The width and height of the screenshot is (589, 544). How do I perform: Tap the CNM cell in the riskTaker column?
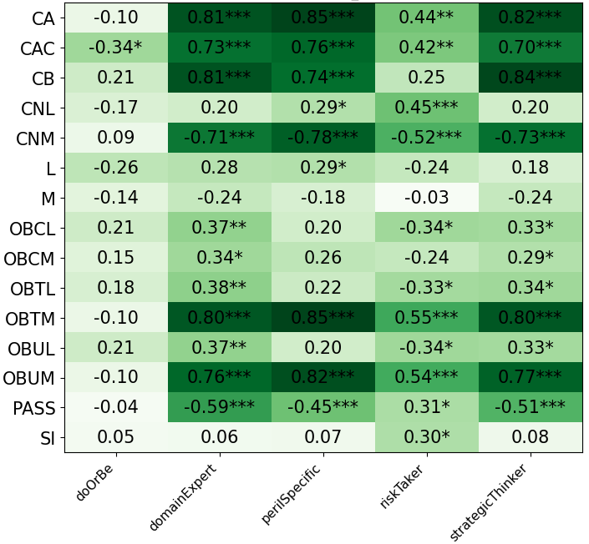(x=426, y=138)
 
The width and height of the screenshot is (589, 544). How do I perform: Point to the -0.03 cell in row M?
(x=426, y=198)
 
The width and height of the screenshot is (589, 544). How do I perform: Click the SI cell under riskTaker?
(x=426, y=437)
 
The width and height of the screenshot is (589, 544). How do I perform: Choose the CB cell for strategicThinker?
(x=530, y=78)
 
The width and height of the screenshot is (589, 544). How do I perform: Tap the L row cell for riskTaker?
(x=426, y=168)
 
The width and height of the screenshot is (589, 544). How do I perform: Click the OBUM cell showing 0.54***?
(x=426, y=378)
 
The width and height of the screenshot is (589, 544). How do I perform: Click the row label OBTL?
(x=33, y=288)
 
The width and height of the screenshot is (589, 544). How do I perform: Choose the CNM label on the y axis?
(x=34, y=138)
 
